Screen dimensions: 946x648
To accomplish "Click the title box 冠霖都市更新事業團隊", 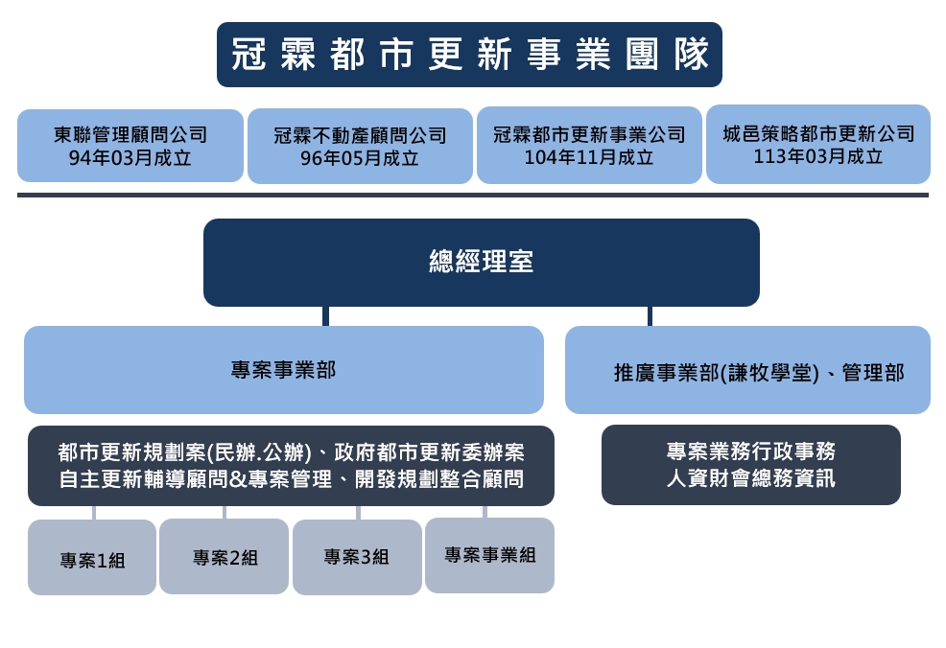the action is point(469,55).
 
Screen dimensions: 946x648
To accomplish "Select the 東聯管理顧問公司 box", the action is point(130,146).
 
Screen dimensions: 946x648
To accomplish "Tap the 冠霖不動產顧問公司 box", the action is point(360,146).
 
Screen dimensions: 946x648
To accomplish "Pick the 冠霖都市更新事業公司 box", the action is point(589,145).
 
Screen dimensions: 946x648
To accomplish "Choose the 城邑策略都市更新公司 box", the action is point(818,144).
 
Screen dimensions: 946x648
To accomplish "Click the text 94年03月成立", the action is point(130,158).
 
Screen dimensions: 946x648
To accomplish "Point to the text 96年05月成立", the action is point(360,158).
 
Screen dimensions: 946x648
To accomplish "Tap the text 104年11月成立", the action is point(589,157).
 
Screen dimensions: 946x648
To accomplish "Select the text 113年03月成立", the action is point(818,156).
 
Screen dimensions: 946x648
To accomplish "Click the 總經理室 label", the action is point(482,262).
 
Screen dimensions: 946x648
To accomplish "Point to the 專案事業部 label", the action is point(284,370).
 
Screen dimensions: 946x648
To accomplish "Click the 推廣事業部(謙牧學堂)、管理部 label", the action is point(759,373).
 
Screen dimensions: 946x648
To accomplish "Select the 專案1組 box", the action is point(92,558).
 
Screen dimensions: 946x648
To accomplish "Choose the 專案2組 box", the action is point(224,556).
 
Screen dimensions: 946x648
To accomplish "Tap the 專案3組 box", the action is point(357,558).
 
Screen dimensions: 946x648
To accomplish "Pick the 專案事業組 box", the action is point(490,555).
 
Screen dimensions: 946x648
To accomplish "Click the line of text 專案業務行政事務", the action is point(751,451).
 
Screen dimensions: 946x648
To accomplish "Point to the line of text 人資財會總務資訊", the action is point(751,478).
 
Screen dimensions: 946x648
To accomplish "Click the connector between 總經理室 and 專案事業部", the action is point(326,316).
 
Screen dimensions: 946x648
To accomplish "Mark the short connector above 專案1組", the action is point(94,513).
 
